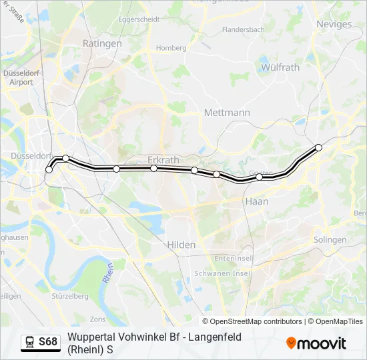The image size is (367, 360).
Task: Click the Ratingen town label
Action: pos(102,43)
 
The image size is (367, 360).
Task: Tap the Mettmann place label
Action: pos(227,113)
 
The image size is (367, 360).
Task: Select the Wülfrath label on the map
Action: pos(280,67)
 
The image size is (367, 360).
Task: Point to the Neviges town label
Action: pos(334,24)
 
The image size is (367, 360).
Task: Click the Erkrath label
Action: pos(164,159)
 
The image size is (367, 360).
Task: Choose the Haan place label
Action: pos(257,201)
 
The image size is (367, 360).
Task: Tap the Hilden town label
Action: pos(181,245)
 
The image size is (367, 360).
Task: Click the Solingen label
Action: pos(330,239)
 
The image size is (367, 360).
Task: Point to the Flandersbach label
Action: pos(244,30)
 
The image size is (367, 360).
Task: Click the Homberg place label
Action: pos(171,48)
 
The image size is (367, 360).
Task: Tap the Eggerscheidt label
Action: pos(138,19)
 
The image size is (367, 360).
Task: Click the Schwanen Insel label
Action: pos(222,273)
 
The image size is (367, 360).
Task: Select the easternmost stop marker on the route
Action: pos(319,147)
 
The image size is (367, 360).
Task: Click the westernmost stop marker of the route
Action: pos(49,170)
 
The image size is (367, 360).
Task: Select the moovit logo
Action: pos(316,343)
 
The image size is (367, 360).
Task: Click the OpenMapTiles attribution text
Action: pos(340,321)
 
